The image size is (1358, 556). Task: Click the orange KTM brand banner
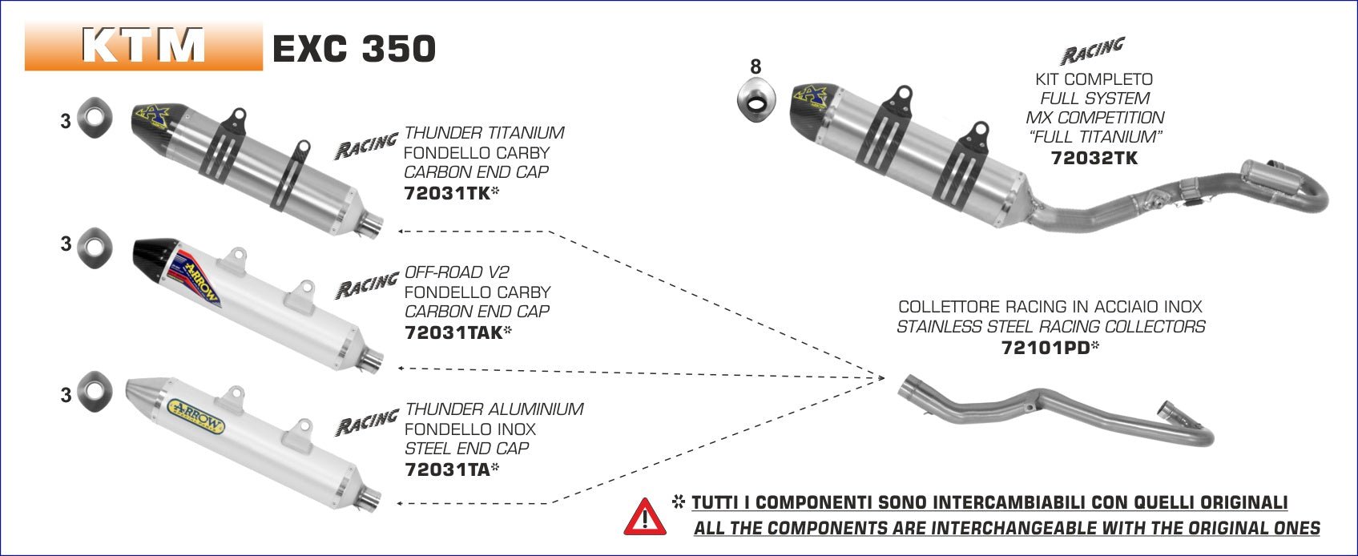pos(143,46)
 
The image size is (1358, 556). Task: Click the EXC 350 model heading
pos(354,49)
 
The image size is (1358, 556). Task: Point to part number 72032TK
pos(1094,158)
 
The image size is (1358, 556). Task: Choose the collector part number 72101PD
pos(1046,348)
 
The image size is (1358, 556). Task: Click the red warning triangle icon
pos(644,517)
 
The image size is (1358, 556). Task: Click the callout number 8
pos(756,67)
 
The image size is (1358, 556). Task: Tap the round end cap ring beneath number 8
pos(756,102)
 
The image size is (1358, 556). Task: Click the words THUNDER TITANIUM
pos(485,133)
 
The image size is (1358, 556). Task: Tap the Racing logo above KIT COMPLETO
pos(1093,50)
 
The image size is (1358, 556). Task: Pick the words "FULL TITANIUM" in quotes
pos(1094,137)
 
